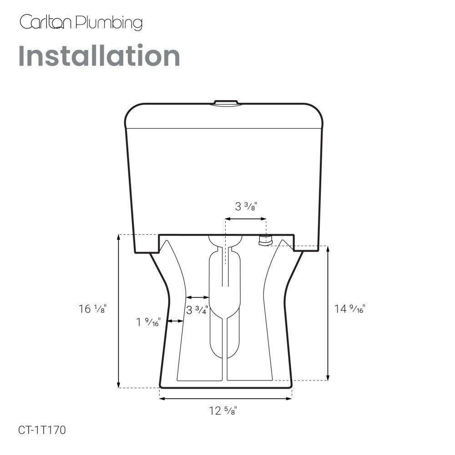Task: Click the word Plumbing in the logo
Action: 109,23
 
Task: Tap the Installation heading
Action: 99,56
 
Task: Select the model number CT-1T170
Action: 42,430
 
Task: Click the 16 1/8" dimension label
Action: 92,308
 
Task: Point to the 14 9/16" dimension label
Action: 349,308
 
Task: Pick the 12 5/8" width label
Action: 223,410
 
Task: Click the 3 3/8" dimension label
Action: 246,206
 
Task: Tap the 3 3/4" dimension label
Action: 197,310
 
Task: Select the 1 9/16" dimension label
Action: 148,322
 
